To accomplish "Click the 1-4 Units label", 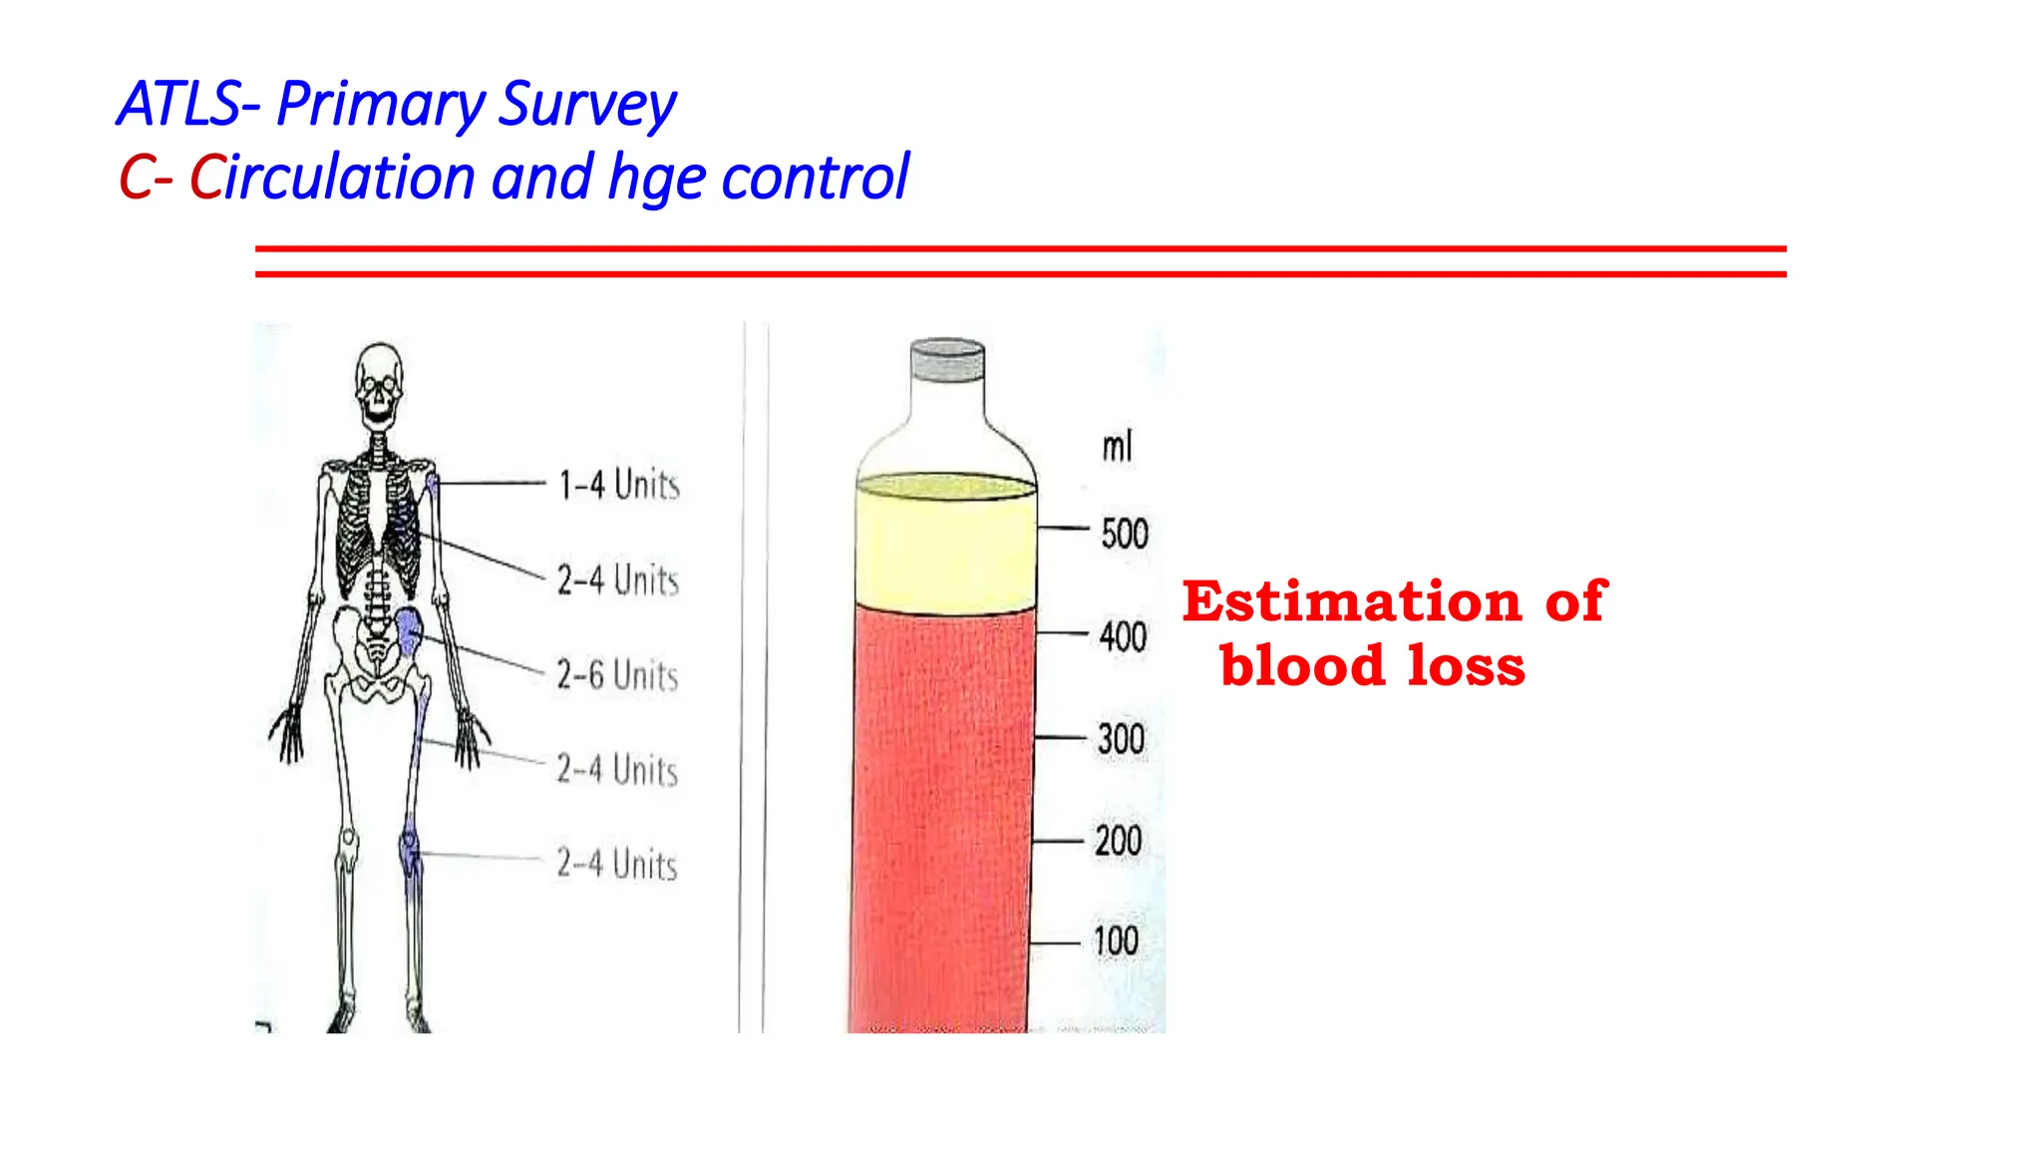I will coord(618,485).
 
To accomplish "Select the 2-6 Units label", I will coord(617,675).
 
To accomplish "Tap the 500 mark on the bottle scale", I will coord(1125,534).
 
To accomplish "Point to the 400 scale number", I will coord(1123,636).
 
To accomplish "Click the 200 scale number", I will coord(1119,841).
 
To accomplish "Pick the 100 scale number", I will coord(1116,941).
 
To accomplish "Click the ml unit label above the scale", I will coord(1117,447).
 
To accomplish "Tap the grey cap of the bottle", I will coord(947,360).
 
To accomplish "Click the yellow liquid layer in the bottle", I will coord(945,549).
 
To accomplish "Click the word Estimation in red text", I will coord(1351,601).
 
